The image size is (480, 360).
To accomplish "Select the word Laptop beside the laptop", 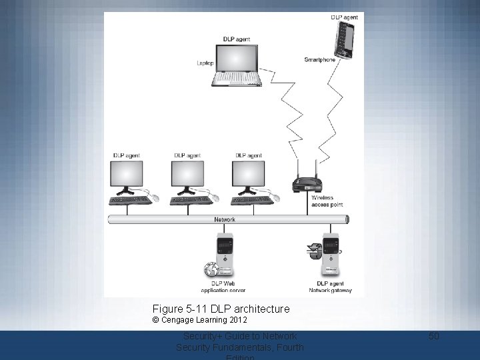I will pos(205,63).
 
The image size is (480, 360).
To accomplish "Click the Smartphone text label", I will pos(319,60).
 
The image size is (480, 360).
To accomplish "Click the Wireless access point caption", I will pos(323,201).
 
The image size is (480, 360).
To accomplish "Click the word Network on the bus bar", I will pos(224,219).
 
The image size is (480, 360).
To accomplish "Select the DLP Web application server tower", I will pos(224,254).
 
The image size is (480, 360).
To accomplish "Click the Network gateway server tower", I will pos(331,254).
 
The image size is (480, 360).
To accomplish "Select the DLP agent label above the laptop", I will pos(238,39).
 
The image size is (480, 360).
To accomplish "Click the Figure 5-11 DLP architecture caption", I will pos(221,309).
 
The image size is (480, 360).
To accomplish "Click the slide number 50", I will pos(434,336).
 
